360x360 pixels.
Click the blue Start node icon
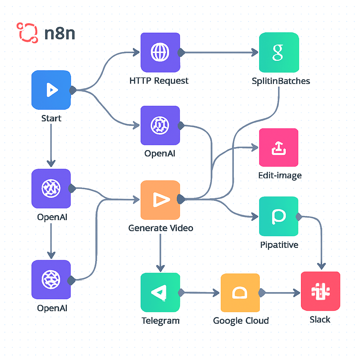[x=51, y=90]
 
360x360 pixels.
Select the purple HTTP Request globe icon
[x=160, y=52]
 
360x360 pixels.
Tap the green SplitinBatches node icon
[x=279, y=52]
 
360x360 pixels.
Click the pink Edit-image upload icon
[x=278, y=147]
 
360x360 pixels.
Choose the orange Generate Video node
[x=160, y=200]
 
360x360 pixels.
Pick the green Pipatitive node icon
[x=278, y=216]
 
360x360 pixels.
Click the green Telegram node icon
[x=160, y=292]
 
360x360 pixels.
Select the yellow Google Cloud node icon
[x=240, y=292]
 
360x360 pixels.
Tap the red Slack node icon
[x=320, y=291]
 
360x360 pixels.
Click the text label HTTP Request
[x=159, y=81]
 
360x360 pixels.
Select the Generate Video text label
[x=161, y=228]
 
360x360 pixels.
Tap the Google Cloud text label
[x=241, y=321]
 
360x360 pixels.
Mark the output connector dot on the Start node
[x=73, y=90]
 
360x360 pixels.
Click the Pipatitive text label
[x=279, y=245]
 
